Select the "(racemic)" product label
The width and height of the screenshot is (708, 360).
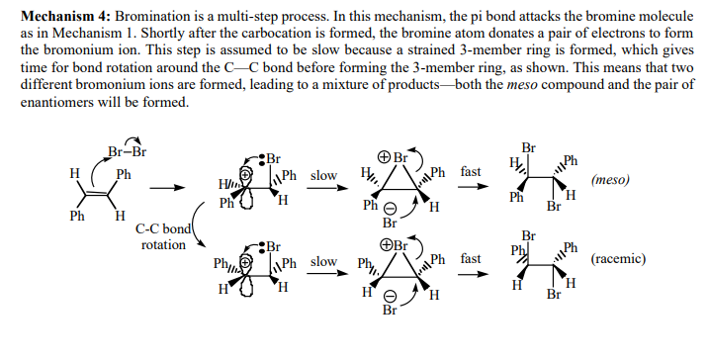(x=618, y=259)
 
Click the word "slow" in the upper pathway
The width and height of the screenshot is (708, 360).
(x=323, y=175)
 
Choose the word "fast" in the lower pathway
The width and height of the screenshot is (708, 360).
(x=471, y=259)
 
